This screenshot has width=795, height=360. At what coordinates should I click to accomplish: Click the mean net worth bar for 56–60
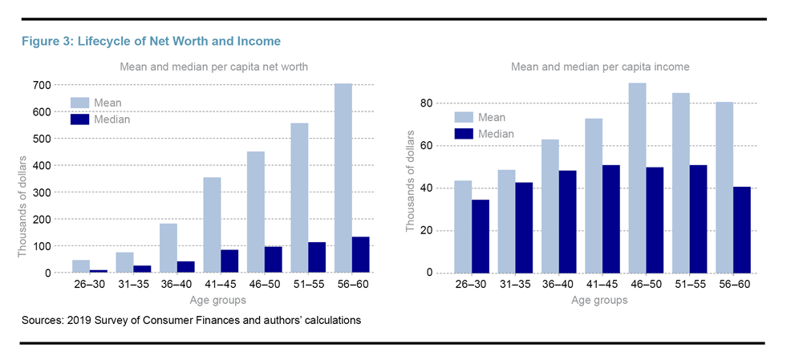coord(343,178)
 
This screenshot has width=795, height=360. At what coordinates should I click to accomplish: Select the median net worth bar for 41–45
coord(229,261)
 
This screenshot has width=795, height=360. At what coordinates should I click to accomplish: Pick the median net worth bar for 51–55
coord(317,257)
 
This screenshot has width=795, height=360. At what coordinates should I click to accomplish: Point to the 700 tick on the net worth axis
coord(42,85)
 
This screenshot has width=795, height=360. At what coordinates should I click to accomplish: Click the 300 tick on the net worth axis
coord(42,192)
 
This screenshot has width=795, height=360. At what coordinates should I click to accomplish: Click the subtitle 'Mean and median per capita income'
coord(600,67)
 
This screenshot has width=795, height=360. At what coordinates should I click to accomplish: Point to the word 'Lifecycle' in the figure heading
coord(103,41)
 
